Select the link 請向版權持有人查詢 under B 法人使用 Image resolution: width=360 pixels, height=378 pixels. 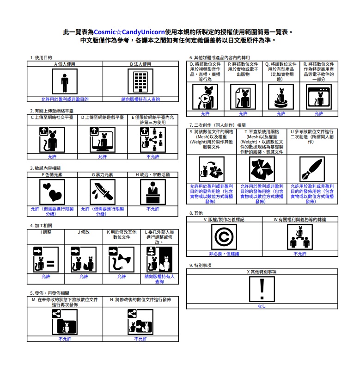click(x=140, y=99)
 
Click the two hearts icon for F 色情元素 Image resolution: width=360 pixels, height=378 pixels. click(x=52, y=192)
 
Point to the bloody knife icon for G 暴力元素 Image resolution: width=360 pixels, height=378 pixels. click(x=102, y=192)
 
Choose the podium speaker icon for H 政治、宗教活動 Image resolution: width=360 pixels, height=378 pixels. click(x=153, y=192)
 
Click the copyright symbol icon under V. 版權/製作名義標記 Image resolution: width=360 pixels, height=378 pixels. click(x=224, y=237)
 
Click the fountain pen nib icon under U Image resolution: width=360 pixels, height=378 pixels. click(x=312, y=169)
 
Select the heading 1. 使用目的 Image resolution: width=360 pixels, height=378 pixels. click(x=41, y=58)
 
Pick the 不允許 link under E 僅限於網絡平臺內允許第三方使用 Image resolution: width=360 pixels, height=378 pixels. click(x=153, y=157)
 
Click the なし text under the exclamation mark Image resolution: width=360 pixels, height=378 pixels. click(x=262, y=306)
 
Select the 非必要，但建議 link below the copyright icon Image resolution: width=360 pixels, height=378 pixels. click(x=224, y=254)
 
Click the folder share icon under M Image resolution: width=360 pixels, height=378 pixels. click(x=65, y=322)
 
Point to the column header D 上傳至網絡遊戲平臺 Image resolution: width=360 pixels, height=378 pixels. click(x=102, y=118)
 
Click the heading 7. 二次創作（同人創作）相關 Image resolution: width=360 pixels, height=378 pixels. click(x=217, y=125)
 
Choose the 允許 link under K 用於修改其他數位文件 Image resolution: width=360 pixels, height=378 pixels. click(x=121, y=276)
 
